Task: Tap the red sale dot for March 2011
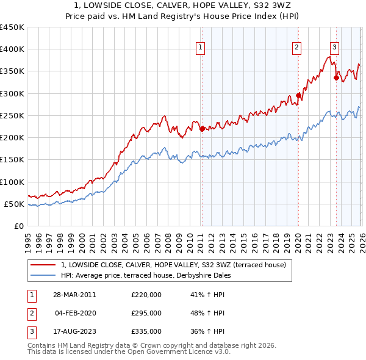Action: [x=202, y=129]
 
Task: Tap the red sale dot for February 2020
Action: [x=298, y=95]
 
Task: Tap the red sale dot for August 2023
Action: [x=336, y=77]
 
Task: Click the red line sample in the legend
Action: [x=43, y=265]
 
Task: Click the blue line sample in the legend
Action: [x=43, y=275]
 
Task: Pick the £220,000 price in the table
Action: [x=146, y=295]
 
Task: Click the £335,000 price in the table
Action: [x=146, y=332]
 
